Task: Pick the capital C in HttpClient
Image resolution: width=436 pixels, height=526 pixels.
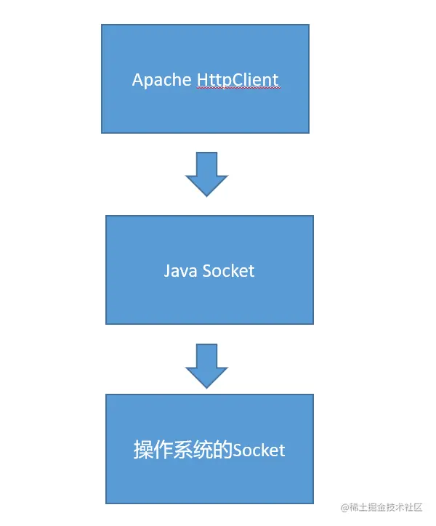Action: tap(234, 80)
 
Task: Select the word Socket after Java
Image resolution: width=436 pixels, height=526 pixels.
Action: tap(229, 271)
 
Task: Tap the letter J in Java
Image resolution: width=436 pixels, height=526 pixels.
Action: tap(167, 271)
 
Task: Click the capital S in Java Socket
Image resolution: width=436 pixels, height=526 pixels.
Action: tap(207, 271)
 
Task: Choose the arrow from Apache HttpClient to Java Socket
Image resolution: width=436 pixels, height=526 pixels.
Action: tap(207, 174)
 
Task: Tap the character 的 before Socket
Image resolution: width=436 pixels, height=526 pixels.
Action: tap(222, 450)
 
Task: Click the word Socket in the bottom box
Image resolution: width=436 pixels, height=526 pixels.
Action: tap(258, 450)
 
